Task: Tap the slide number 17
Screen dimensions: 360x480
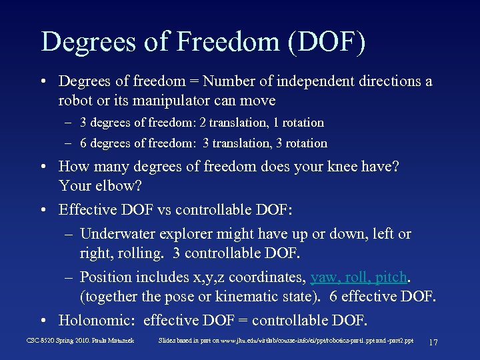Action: coord(433,342)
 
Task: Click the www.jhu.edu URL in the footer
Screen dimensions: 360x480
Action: coord(240,341)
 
